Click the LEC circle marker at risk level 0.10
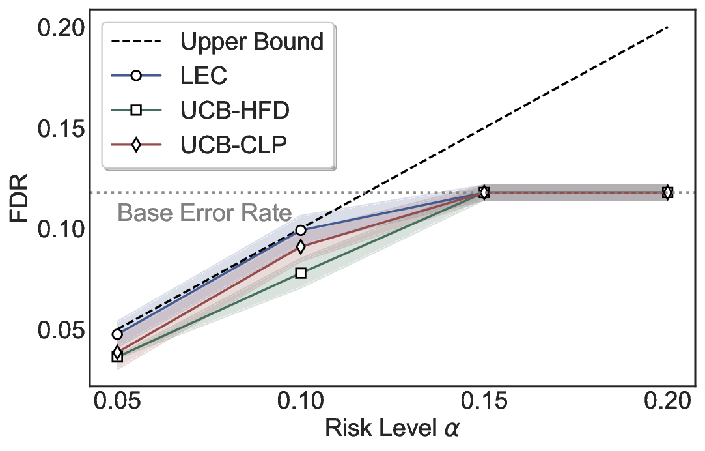(x=300, y=230)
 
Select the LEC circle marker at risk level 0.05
(x=117, y=334)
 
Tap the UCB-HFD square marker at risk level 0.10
(x=300, y=272)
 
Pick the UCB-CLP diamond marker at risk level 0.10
(x=300, y=246)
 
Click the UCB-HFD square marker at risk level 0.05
(x=117, y=356)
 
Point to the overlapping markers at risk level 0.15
(x=484, y=192)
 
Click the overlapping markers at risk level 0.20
(x=667, y=192)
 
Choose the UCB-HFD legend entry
(x=234, y=110)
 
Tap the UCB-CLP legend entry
(x=233, y=145)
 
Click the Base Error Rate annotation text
(x=204, y=213)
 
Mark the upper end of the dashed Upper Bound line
(x=667, y=28)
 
